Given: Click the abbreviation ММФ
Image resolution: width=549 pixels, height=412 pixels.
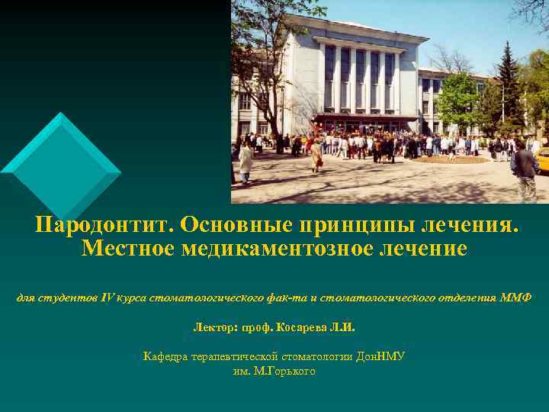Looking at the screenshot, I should [515, 296].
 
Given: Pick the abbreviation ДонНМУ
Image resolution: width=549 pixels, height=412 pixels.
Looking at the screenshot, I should [380, 356].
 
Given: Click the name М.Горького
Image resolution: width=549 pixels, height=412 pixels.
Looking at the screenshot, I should [274, 371].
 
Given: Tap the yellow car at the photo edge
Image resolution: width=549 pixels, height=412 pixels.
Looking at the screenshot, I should [543, 161].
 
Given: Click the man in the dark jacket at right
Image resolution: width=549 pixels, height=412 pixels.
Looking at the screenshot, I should [525, 172].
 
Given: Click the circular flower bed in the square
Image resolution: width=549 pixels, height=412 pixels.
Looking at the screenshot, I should [449, 159].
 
